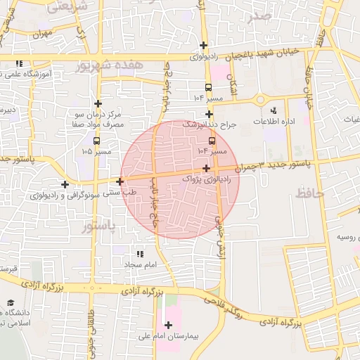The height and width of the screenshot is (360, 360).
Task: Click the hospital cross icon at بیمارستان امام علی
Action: (168, 325)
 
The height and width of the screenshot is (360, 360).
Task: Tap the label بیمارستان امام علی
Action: (168, 336)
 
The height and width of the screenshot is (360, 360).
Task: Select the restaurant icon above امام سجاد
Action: (139, 254)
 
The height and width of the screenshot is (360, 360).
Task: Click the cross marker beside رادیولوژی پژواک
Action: (205, 168)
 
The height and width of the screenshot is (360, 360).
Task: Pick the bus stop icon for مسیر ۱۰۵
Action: (96, 141)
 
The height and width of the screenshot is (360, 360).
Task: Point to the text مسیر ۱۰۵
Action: (96, 151)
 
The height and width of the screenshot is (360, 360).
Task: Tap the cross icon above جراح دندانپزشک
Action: (209, 114)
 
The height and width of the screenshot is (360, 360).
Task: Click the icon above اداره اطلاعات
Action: (274, 110)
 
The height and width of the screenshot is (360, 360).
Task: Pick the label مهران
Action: (42, 33)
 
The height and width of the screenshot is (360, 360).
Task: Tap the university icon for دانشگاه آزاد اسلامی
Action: (11, 302)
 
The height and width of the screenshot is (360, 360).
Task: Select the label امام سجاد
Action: (139, 265)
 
